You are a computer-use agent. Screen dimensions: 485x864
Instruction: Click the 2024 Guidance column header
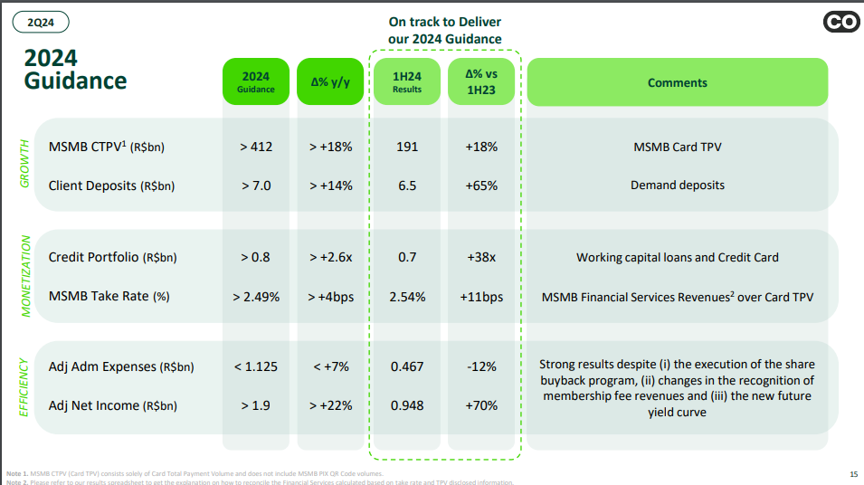(256, 82)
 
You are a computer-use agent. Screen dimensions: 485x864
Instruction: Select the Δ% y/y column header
(329, 82)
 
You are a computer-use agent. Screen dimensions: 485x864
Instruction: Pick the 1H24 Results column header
(407, 82)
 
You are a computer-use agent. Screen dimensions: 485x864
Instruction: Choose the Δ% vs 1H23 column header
(481, 82)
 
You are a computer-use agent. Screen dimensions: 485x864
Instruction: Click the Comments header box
(677, 82)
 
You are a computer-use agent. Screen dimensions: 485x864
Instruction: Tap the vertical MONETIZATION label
(24, 276)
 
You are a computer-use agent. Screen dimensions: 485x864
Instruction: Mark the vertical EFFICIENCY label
(24, 386)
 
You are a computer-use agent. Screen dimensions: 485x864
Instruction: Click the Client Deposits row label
(111, 185)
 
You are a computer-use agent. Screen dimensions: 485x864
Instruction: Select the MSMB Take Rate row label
(109, 296)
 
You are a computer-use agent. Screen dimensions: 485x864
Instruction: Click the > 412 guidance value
(256, 147)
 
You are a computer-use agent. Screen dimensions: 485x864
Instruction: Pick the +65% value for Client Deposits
(481, 185)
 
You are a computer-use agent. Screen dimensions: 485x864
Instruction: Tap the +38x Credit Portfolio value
(481, 257)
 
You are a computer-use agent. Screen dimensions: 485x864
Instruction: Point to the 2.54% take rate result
(407, 296)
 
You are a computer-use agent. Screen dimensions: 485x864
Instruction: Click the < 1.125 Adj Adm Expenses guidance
(256, 366)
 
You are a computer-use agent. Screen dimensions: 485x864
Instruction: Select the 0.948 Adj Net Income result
(407, 405)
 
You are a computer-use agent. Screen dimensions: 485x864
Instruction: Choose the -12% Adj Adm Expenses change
(481, 366)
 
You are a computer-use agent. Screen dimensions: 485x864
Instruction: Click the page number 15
(853, 474)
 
